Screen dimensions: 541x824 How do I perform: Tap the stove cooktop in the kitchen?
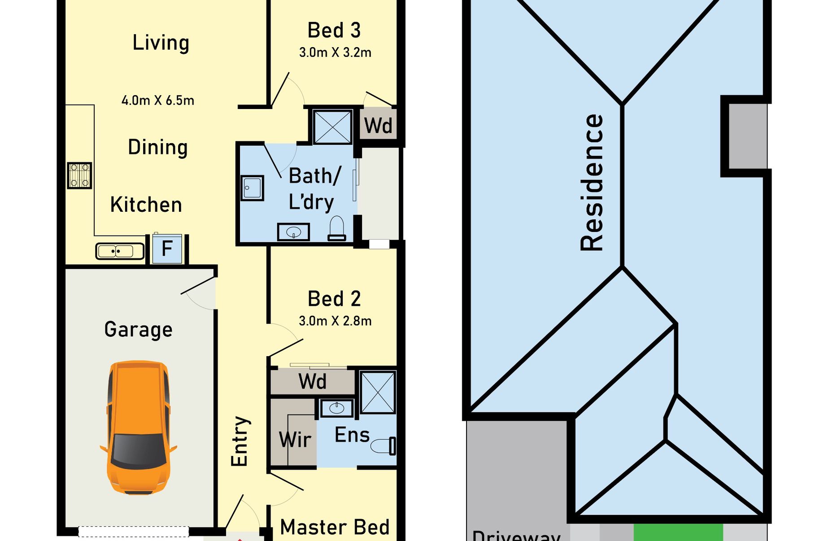tap(80, 175)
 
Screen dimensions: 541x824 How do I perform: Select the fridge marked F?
tap(167, 249)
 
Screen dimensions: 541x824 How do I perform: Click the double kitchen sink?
tap(120, 251)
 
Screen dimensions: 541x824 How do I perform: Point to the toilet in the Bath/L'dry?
tap(336, 228)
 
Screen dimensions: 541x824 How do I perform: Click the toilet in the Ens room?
tap(384, 446)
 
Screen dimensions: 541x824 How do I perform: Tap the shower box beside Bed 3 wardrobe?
tap(332, 127)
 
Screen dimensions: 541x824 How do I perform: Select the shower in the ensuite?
tap(378, 392)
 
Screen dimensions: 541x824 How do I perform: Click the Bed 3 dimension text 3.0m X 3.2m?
tap(335, 52)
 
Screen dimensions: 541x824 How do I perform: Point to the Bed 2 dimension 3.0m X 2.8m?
tap(335, 321)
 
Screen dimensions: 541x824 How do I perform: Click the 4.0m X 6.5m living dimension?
tap(158, 100)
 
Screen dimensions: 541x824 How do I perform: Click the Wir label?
tap(295, 440)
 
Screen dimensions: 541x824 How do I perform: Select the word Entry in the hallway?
tap(240, 441)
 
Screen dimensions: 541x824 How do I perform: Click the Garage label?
tap(138, 330)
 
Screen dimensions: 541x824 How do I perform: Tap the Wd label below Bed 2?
tap(312, 382)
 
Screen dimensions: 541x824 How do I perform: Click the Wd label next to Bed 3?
tap(378, 126)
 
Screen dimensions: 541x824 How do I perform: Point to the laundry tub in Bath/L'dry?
tap(253, 188)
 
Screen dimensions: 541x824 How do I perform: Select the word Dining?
tap(157, 148)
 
